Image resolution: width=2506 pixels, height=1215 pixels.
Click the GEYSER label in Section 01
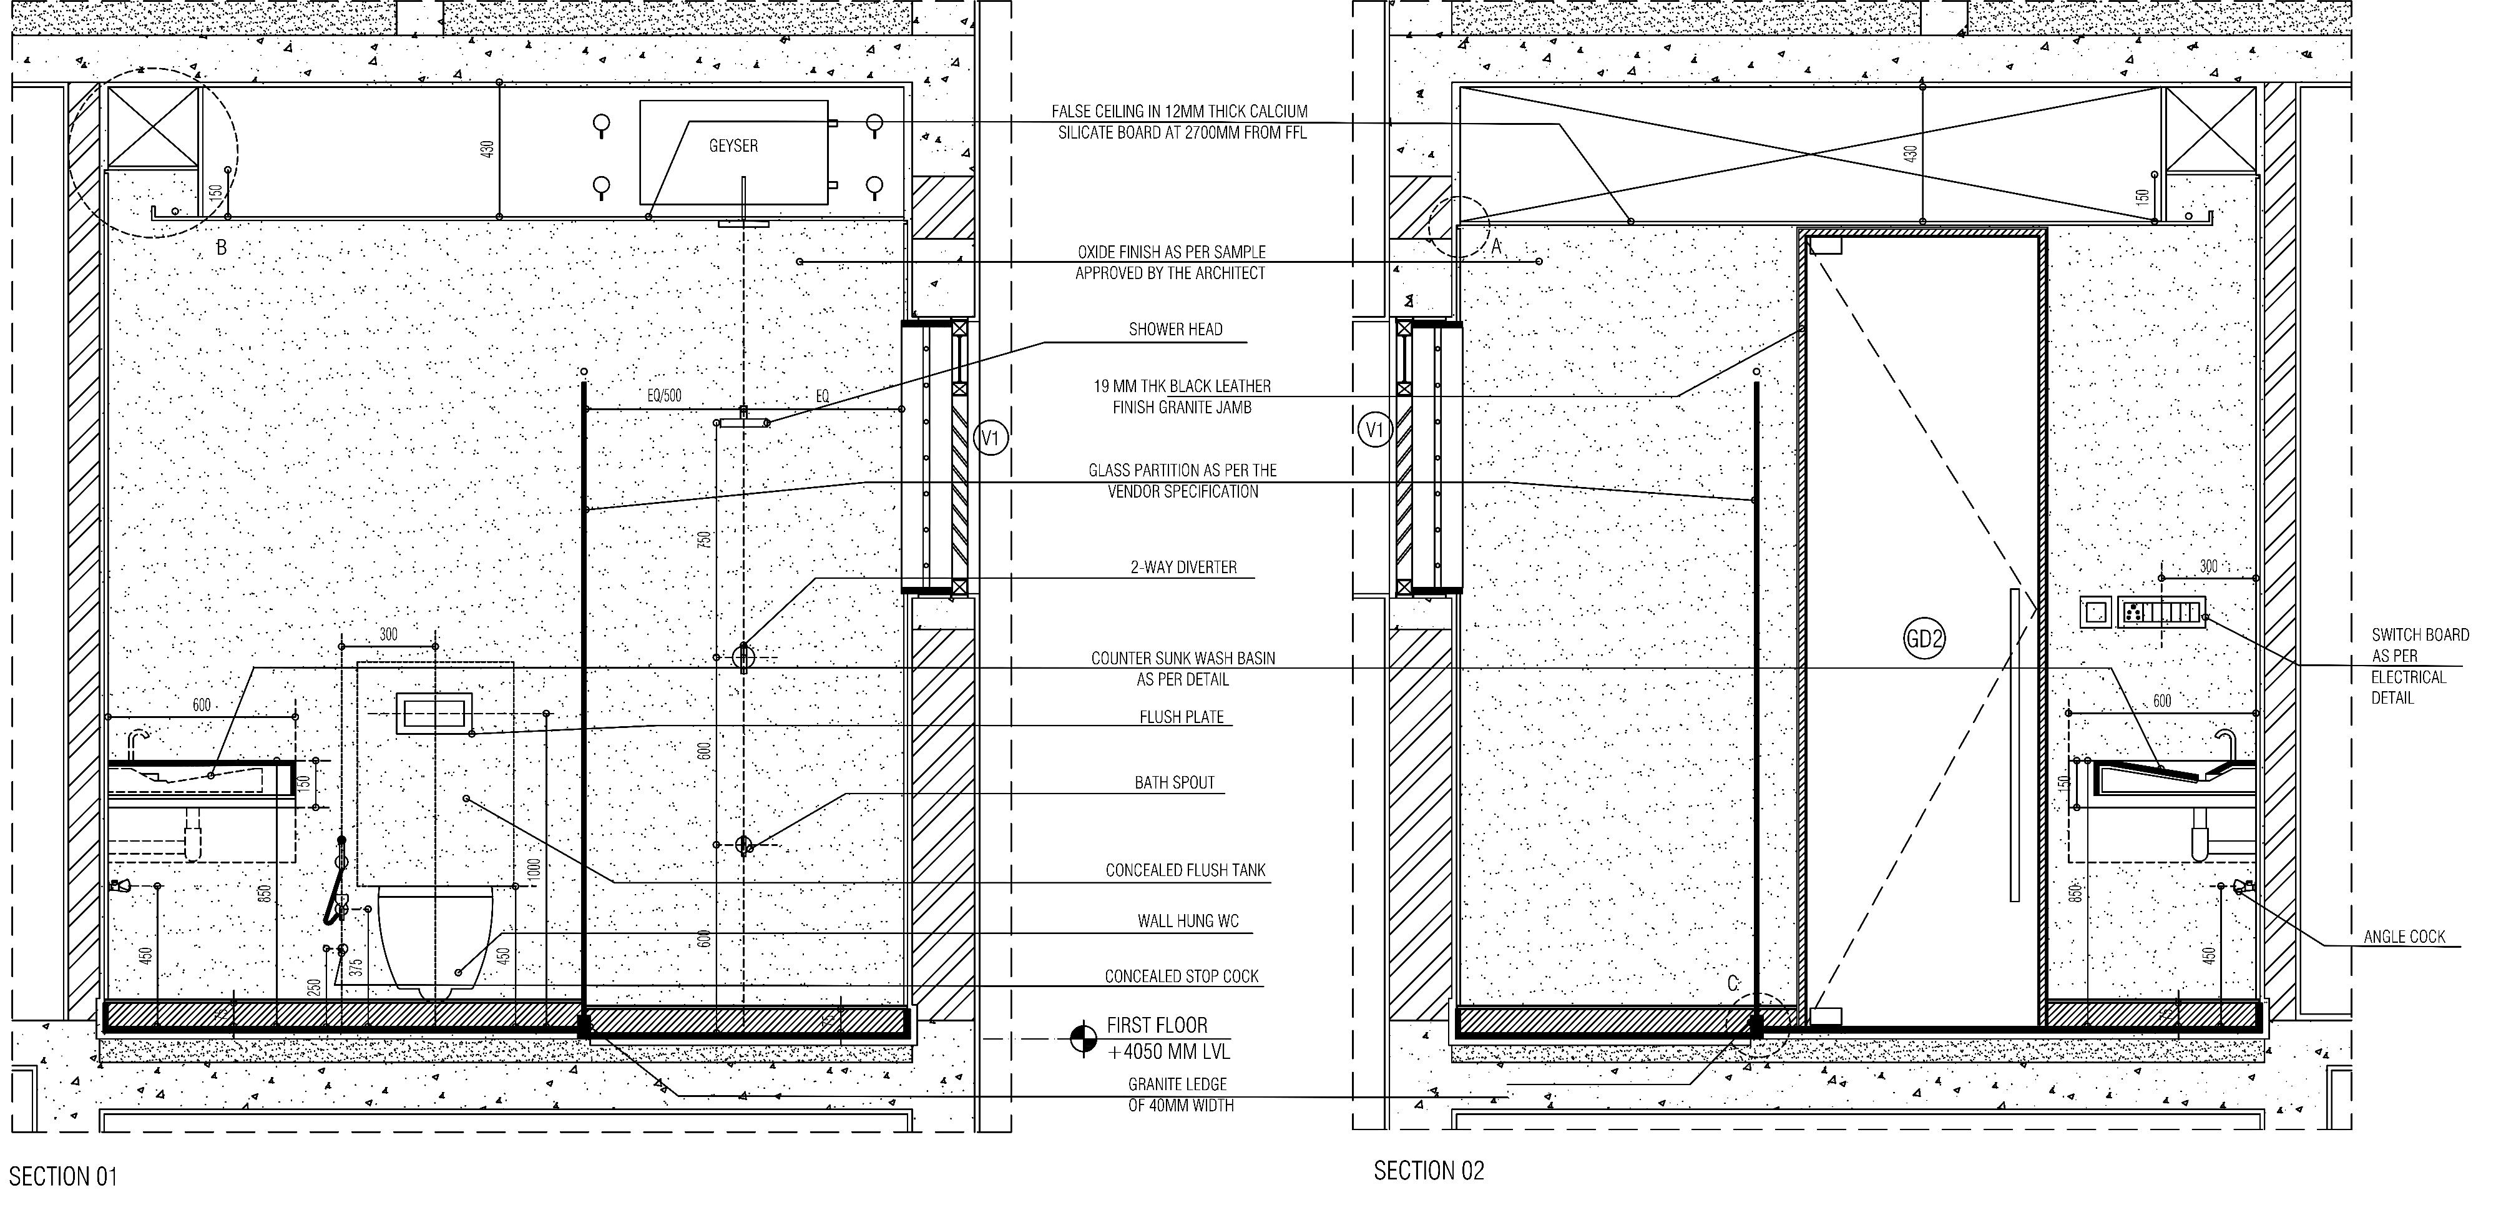point(733,146)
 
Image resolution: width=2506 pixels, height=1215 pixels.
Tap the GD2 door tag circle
point(1923,639)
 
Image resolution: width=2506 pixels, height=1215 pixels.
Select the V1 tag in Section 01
point(989,439)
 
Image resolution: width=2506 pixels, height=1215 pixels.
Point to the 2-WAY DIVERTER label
point(1183,567)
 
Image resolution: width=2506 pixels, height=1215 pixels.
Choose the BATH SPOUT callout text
point(1174,783)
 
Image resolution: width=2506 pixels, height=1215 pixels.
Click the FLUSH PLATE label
point(1181,717)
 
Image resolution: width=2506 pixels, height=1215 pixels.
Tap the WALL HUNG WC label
point(1188,921)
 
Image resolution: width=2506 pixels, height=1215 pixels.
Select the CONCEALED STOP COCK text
point(1181,976)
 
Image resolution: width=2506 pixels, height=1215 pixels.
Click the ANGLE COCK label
point(2404,937)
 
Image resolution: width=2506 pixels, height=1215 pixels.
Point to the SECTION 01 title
point(63,1177)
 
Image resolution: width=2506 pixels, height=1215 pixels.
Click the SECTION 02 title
point(1428,1171)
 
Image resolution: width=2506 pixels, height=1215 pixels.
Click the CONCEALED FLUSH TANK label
point(1185,870)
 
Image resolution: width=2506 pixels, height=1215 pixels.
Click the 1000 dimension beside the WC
point(533,868)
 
